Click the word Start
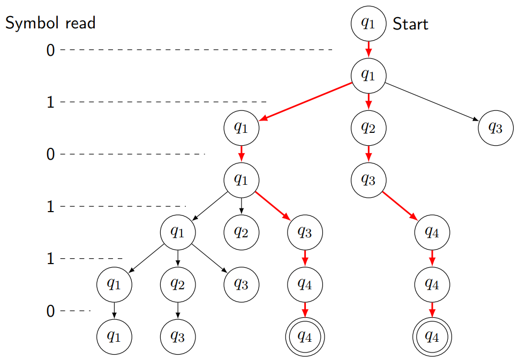410,24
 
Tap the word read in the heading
80,23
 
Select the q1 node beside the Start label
368,24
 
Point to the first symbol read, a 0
50,50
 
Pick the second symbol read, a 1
50,102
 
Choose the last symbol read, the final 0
50,311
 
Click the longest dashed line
196,50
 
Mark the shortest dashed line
76,311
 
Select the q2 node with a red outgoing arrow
368,128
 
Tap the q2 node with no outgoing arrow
242,232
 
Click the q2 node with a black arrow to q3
178,284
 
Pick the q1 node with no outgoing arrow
115,336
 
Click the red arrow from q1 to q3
273,206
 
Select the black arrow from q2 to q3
178,310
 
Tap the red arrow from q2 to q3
368,154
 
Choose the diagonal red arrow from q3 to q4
400,206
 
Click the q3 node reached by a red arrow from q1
305,232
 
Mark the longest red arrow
305,102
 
